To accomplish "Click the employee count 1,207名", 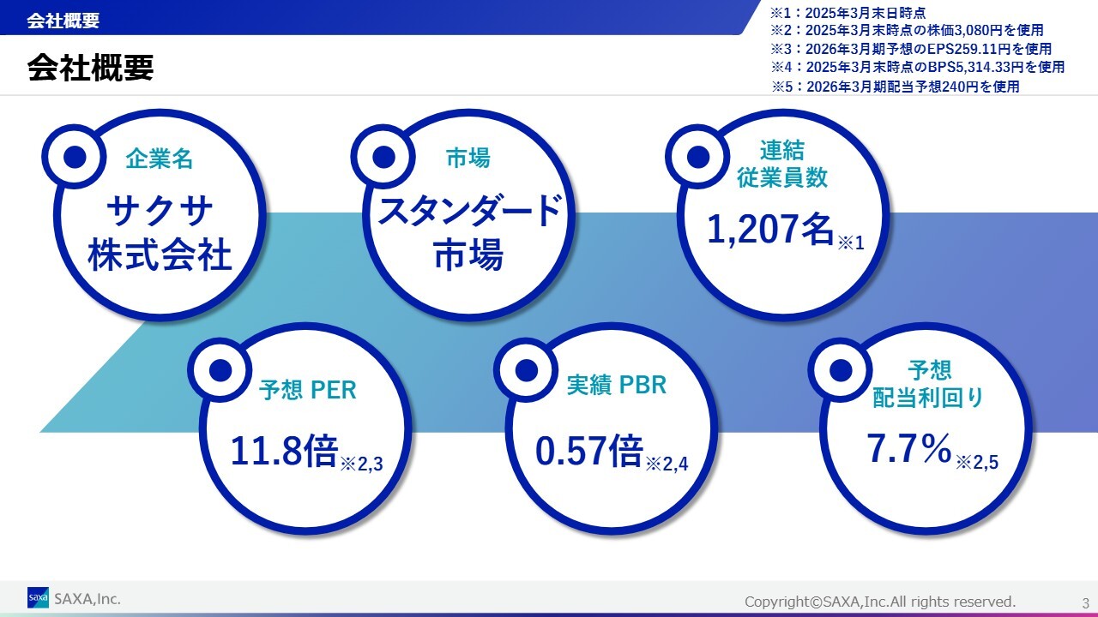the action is click(770, 229).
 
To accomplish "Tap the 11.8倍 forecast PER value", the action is click(284, 451).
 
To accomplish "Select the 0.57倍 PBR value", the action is click(589, 451).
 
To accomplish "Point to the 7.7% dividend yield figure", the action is click(909, 448).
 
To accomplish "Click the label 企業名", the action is click(160, 159).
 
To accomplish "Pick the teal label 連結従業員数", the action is click(782, 164).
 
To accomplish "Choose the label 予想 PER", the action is click(307, 390).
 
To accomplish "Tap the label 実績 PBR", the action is click(617, 385).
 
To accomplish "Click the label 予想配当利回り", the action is click(928, 384).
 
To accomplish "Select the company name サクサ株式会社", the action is click(160, 233).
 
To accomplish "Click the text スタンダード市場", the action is click(469, 232).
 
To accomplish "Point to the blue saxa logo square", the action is click(38, 597).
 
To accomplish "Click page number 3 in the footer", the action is click(1085, 602).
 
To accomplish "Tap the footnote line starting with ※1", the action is click(848, 12).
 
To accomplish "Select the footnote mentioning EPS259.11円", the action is click(911, 49).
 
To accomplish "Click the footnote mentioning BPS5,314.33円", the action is click(917, 67).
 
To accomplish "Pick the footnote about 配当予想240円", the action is click(895, 87).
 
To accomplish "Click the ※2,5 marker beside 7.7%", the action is click(977, 462).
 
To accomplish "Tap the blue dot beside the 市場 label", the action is click(383, 157).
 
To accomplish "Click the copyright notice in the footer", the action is click(880, 602).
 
